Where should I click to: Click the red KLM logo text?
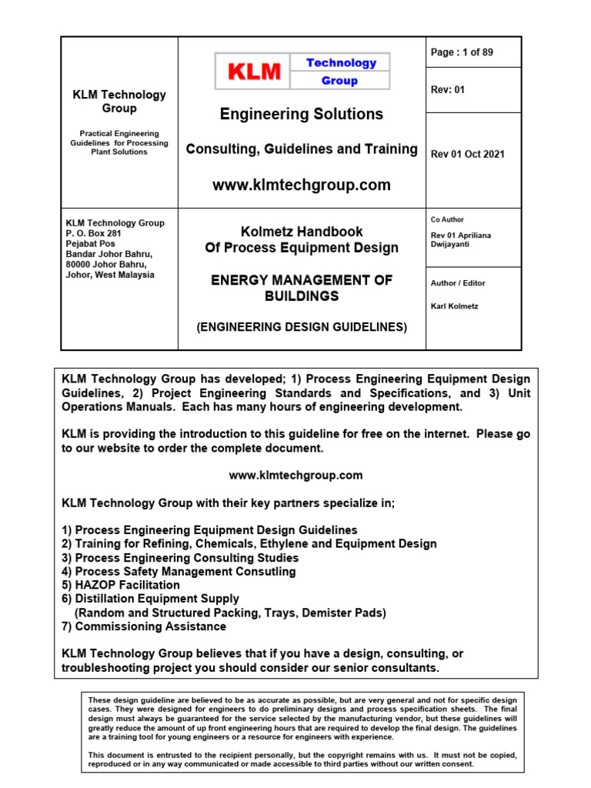tap(253, 72)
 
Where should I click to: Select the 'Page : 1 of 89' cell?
tap(462, 52)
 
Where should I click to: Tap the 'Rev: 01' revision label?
tap(448, 89)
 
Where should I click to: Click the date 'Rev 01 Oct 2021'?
tap(468, 154)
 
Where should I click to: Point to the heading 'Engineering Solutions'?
tap(301, 114)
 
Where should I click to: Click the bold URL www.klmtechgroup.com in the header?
tap(301, 185)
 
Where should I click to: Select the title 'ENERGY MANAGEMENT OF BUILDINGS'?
tap(302, 288)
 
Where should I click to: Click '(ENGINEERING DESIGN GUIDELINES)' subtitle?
tap(302, 327)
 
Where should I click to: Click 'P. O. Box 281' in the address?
tap(94, 234)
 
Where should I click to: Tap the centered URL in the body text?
tap(295, 476)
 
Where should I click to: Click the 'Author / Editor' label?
tap(458, 283)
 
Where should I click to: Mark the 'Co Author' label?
tap(447, 219)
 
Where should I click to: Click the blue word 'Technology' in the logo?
tap(341, 63)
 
